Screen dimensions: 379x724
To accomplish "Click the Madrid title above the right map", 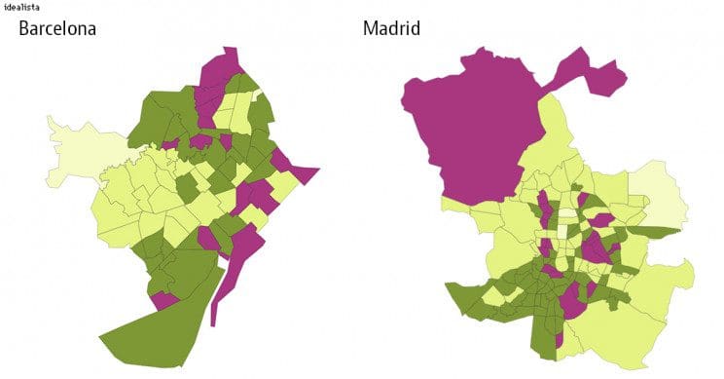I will pos(391,28).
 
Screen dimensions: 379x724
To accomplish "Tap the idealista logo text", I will pos(21,7).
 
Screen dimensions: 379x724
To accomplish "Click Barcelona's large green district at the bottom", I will pos(161,326).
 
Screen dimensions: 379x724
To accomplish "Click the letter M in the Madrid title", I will pos(370,28).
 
